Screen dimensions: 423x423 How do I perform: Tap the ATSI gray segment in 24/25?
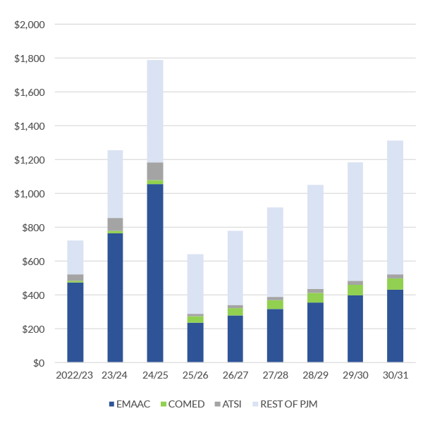[x=155, y=171]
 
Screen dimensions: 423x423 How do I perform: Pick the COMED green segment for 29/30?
[x=355, y=290]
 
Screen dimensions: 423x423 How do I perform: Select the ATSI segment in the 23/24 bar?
[x=115, y=224]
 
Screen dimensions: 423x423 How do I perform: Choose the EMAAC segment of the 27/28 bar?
[x=275, y=336]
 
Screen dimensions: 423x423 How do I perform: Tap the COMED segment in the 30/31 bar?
[x=395, y=284]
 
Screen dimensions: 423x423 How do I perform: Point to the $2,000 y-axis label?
[x=30, y=25]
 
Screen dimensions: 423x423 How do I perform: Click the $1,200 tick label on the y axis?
[x=30, y=160]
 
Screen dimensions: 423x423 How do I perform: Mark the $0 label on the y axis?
[x=38, y=363]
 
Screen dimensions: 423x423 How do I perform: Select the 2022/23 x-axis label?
[x=75, y=376]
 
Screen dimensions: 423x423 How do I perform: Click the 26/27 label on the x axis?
[x=235, y=376]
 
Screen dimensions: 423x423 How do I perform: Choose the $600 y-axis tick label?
[x=32, y=262]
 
